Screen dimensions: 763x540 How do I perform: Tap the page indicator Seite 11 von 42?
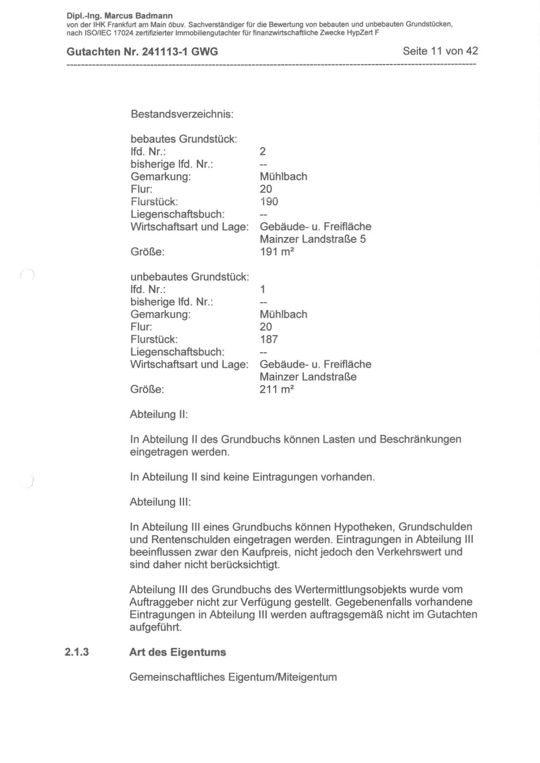[x=440, y=51]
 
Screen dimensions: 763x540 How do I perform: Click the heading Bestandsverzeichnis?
[x=182, y=114]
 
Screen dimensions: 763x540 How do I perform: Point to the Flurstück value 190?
[x=269, y=202]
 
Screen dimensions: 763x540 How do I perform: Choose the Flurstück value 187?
[x=268, y=339]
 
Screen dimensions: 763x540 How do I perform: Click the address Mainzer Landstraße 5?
[x=313, y=239]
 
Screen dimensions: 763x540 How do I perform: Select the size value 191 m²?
[x=277, y=252]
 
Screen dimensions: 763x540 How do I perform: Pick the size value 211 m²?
[x=277, y=389]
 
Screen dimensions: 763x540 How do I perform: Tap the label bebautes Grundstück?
[x=184, y=139]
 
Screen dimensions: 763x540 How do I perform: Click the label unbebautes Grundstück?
[x=189, y=277]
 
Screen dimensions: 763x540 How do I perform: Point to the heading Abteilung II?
[x=159, y=414]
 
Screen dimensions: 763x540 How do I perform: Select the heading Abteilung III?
[x=160, y=502]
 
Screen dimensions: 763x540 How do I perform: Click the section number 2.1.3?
[x=77, y=652]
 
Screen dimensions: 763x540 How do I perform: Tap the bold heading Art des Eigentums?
[x=178, y=652]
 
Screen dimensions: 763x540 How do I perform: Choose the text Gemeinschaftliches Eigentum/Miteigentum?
[x=233, y=677]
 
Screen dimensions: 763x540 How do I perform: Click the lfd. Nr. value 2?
[x=263, y=151]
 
